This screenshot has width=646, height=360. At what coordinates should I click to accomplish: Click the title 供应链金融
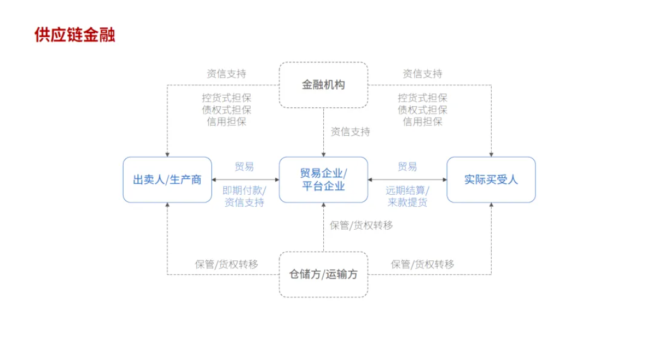[x=74, y=35]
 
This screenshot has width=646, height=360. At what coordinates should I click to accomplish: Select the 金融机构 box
[x=323, y=85]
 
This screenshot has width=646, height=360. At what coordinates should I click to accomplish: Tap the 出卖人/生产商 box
[x=167, y=179]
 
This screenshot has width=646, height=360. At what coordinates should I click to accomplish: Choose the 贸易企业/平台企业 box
[x=323, y=179]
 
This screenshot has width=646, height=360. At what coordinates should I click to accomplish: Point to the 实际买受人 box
[x=491, y=179]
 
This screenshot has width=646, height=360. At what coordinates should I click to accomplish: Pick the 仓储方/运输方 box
[x=323, y=274]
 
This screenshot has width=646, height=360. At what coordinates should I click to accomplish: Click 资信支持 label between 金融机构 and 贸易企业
[x=350, y=132]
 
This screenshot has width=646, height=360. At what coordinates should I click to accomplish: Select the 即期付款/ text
[x=244, y=190]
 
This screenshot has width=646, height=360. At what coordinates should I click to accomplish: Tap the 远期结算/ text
[x=407, y=190]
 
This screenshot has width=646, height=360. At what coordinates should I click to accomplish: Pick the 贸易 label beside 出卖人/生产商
[x=244, y=167]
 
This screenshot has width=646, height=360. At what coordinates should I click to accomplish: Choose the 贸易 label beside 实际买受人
[x=407, y=167]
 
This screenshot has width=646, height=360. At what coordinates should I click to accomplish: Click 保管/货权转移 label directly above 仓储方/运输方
[x=361, y=225]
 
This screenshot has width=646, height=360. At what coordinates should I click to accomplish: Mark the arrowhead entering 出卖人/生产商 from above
[x=167, y=154]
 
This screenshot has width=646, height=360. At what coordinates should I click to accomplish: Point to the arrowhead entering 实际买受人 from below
[x=491, y=205]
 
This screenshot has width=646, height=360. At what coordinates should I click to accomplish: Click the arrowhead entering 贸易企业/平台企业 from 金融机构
[x=323, y=154]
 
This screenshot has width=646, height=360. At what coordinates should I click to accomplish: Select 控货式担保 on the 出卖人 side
[x=226, y=98]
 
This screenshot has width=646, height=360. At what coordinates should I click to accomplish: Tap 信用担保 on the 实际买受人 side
[x=422, y=121]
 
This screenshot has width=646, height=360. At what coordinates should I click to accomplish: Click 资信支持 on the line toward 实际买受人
[x=422, y=74]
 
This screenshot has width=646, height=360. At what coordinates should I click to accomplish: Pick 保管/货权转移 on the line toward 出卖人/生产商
[x=226, y=264]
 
